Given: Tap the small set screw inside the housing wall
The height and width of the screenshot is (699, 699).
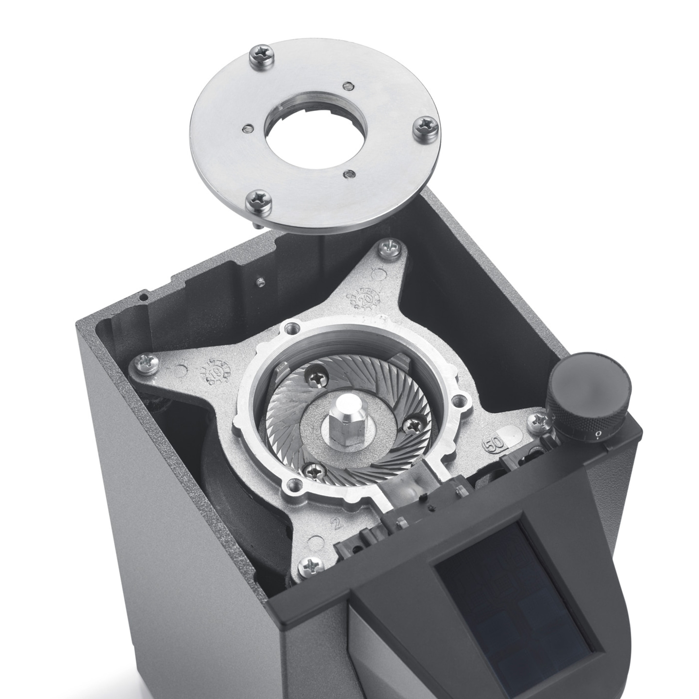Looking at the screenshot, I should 261,282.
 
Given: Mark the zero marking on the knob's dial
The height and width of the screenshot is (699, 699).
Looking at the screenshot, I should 599,433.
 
